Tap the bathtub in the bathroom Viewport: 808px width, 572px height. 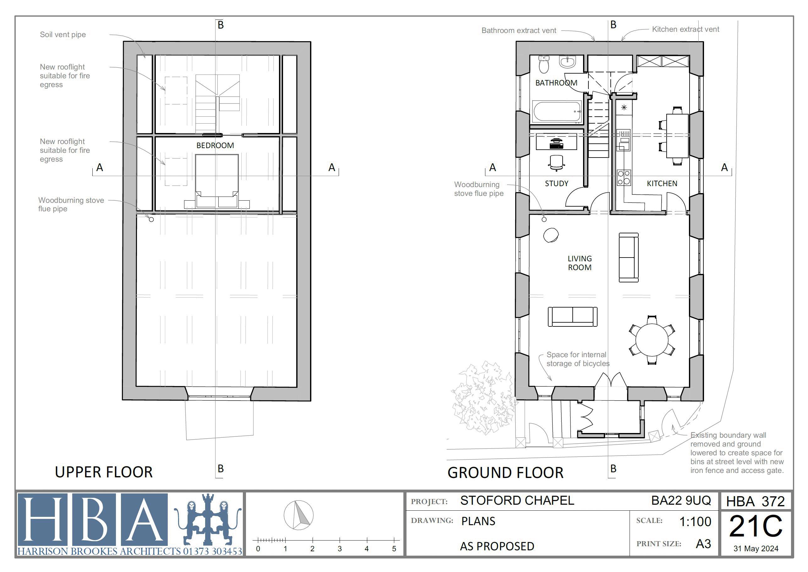(x=557, y=112)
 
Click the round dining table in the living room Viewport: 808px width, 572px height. (x=652, y=340)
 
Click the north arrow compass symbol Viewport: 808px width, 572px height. (x=298, y=515)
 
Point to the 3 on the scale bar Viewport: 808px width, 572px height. (x=339, y=548)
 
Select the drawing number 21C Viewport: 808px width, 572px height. (x=756, y=526)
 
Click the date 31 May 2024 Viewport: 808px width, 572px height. (x=756, y=548)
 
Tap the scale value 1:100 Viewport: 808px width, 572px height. (x=695, y=521)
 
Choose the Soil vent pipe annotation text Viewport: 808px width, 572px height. (x=63, y=35)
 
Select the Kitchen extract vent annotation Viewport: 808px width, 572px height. (x=685, y=29)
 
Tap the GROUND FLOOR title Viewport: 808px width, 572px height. (x=505, y=472)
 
